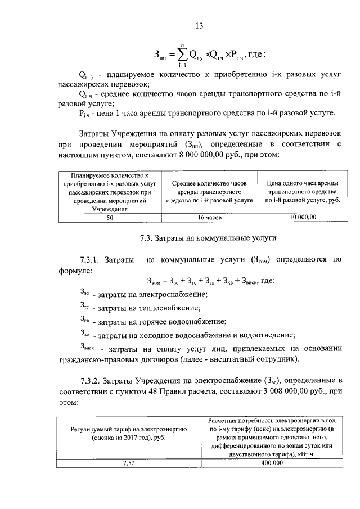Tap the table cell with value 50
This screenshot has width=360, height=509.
[x=110, y=217]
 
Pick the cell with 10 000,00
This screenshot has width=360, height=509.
[x=303, y=217]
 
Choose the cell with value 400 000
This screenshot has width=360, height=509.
[x=271, y=462]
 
